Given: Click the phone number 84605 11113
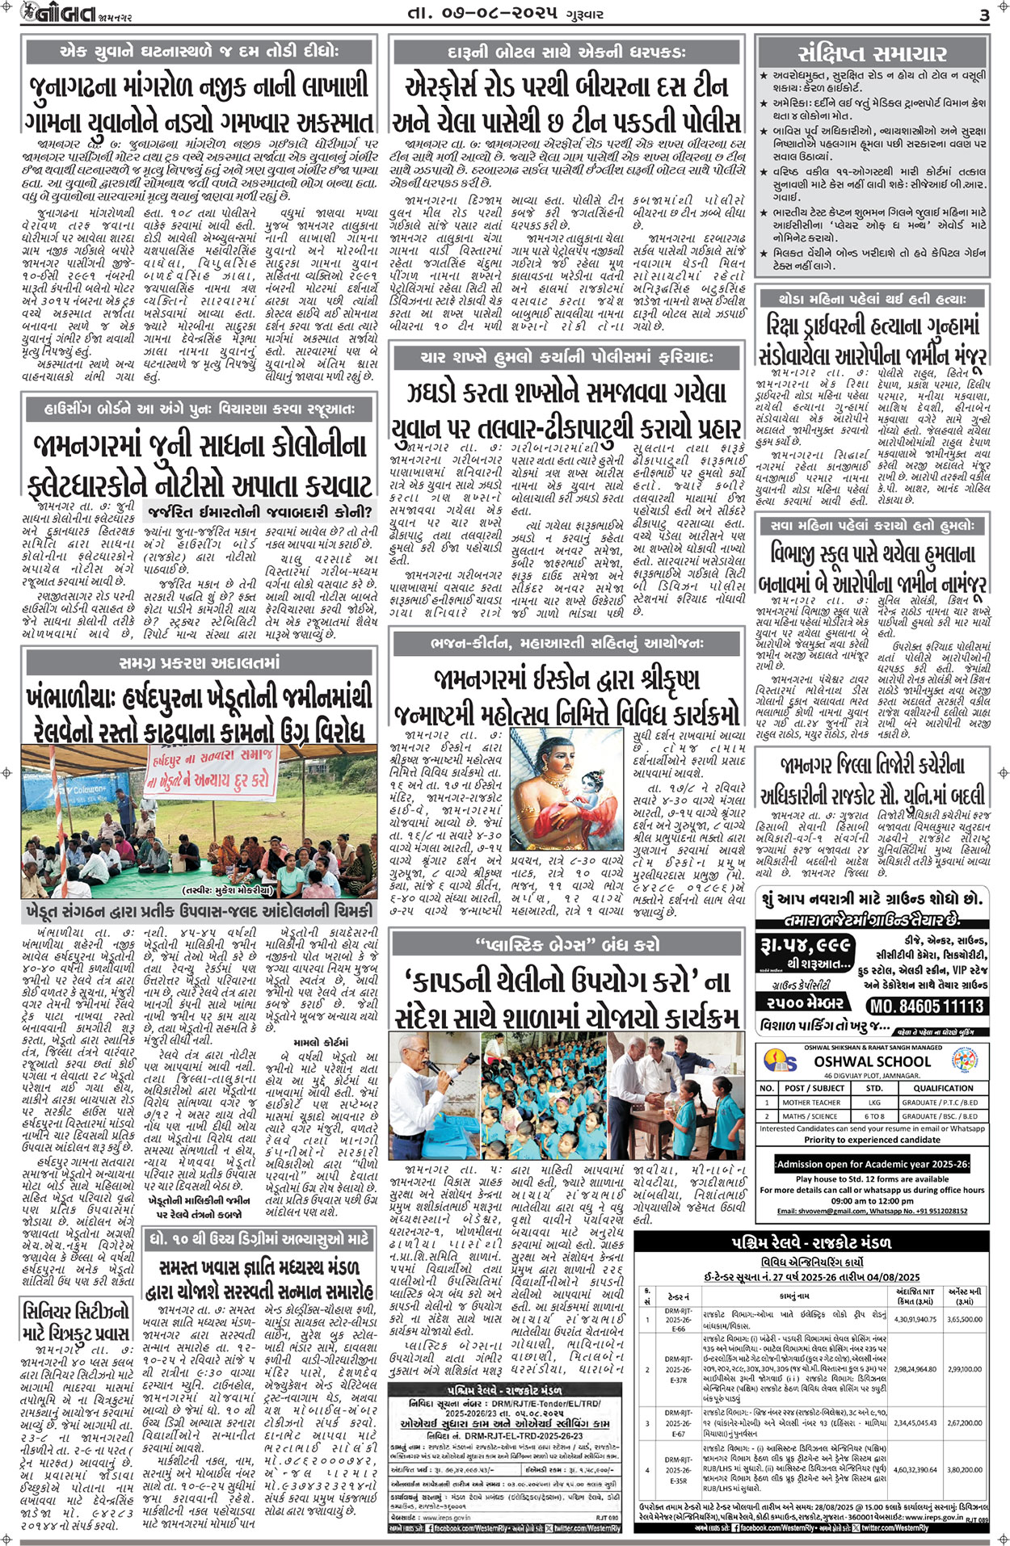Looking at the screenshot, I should tap(926, 1006).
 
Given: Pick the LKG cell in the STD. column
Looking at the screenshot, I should tap(874, 1102).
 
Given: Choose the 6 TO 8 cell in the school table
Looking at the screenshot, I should tap(874, 1116).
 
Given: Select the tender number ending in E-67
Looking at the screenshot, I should tap(678, 1423).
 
